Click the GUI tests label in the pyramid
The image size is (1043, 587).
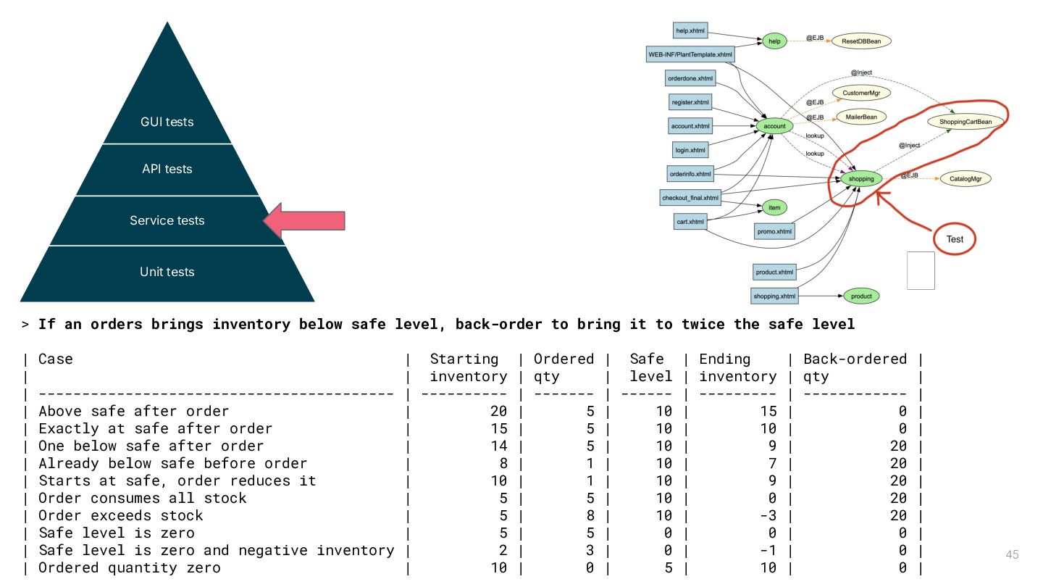[167, 122]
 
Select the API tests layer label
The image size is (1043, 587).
[167, 169]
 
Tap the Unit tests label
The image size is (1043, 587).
[167, 272]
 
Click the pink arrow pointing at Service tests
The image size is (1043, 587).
[304, 221]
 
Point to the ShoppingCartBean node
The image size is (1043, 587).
[965, 122]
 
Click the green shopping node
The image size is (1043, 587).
[861, 179]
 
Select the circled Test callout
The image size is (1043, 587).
[955, 239]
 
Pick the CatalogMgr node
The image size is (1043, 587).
[965, 179]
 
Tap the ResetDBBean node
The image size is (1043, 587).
[861, 41]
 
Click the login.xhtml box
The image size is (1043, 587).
[690, 150]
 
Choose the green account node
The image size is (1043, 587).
[774, 126]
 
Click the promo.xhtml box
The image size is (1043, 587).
[774, 232]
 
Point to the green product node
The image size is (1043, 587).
[861, 296]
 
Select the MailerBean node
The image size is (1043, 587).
[861, 117]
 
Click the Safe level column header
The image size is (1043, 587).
[650, 368]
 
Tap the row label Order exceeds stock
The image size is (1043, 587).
[120, 516]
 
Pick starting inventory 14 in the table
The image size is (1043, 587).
[498, 446]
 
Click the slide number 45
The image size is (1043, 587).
[1013, 554]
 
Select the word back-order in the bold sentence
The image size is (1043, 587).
[498, 324]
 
